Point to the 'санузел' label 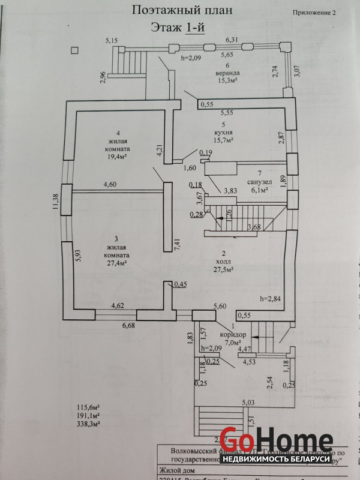click(259, 182)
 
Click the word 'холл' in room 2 click(223, 262)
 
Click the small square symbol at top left click(74, 51)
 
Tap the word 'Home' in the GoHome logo click(295, 441)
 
